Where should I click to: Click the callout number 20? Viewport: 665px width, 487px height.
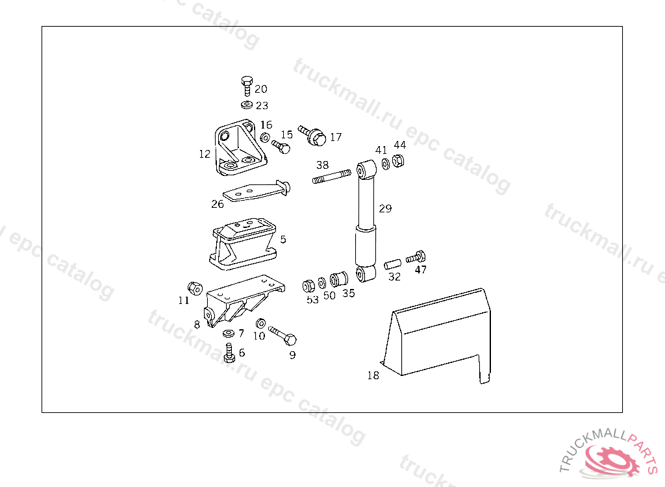point(261,89)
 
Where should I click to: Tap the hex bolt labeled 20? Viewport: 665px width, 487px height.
point(247,86)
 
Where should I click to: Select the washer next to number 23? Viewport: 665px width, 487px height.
point(247,105)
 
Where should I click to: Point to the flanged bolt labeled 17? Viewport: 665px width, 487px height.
point(312,135)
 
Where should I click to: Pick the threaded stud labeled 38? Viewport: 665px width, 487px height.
point(332,177)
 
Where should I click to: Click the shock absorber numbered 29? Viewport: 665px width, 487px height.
point(366,221)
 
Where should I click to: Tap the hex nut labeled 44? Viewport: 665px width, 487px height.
point(398,161)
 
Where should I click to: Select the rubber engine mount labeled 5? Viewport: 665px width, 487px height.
point(243,243)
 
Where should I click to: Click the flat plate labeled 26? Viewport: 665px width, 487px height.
point(256,191)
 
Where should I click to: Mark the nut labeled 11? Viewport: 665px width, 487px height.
point(195,288)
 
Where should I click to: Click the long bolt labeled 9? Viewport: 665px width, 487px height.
point(282,334)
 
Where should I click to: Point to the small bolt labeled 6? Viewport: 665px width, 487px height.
point(229,353)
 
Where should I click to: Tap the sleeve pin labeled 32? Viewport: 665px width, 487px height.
point(392,264)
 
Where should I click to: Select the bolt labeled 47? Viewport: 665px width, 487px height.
point(416,257)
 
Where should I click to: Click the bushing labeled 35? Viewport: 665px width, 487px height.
point(339,279)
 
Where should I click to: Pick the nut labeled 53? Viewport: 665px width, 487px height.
point(308,286)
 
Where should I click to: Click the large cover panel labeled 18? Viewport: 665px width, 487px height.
point(437,335)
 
